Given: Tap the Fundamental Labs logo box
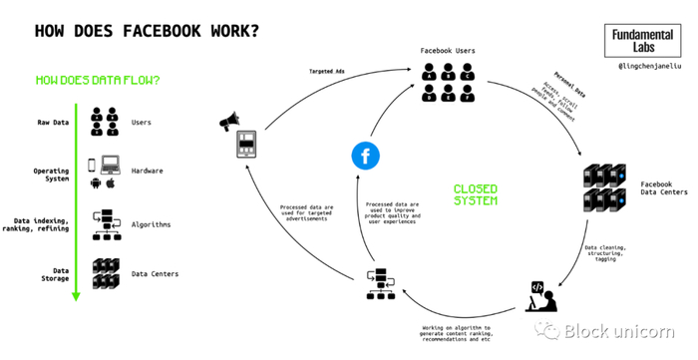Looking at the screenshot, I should (643, 42).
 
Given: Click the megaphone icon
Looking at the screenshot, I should (230, 123).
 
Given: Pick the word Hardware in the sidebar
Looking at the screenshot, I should (148, 171).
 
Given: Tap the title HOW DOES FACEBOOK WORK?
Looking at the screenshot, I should (147, 30).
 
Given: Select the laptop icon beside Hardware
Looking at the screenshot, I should (111, 166).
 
